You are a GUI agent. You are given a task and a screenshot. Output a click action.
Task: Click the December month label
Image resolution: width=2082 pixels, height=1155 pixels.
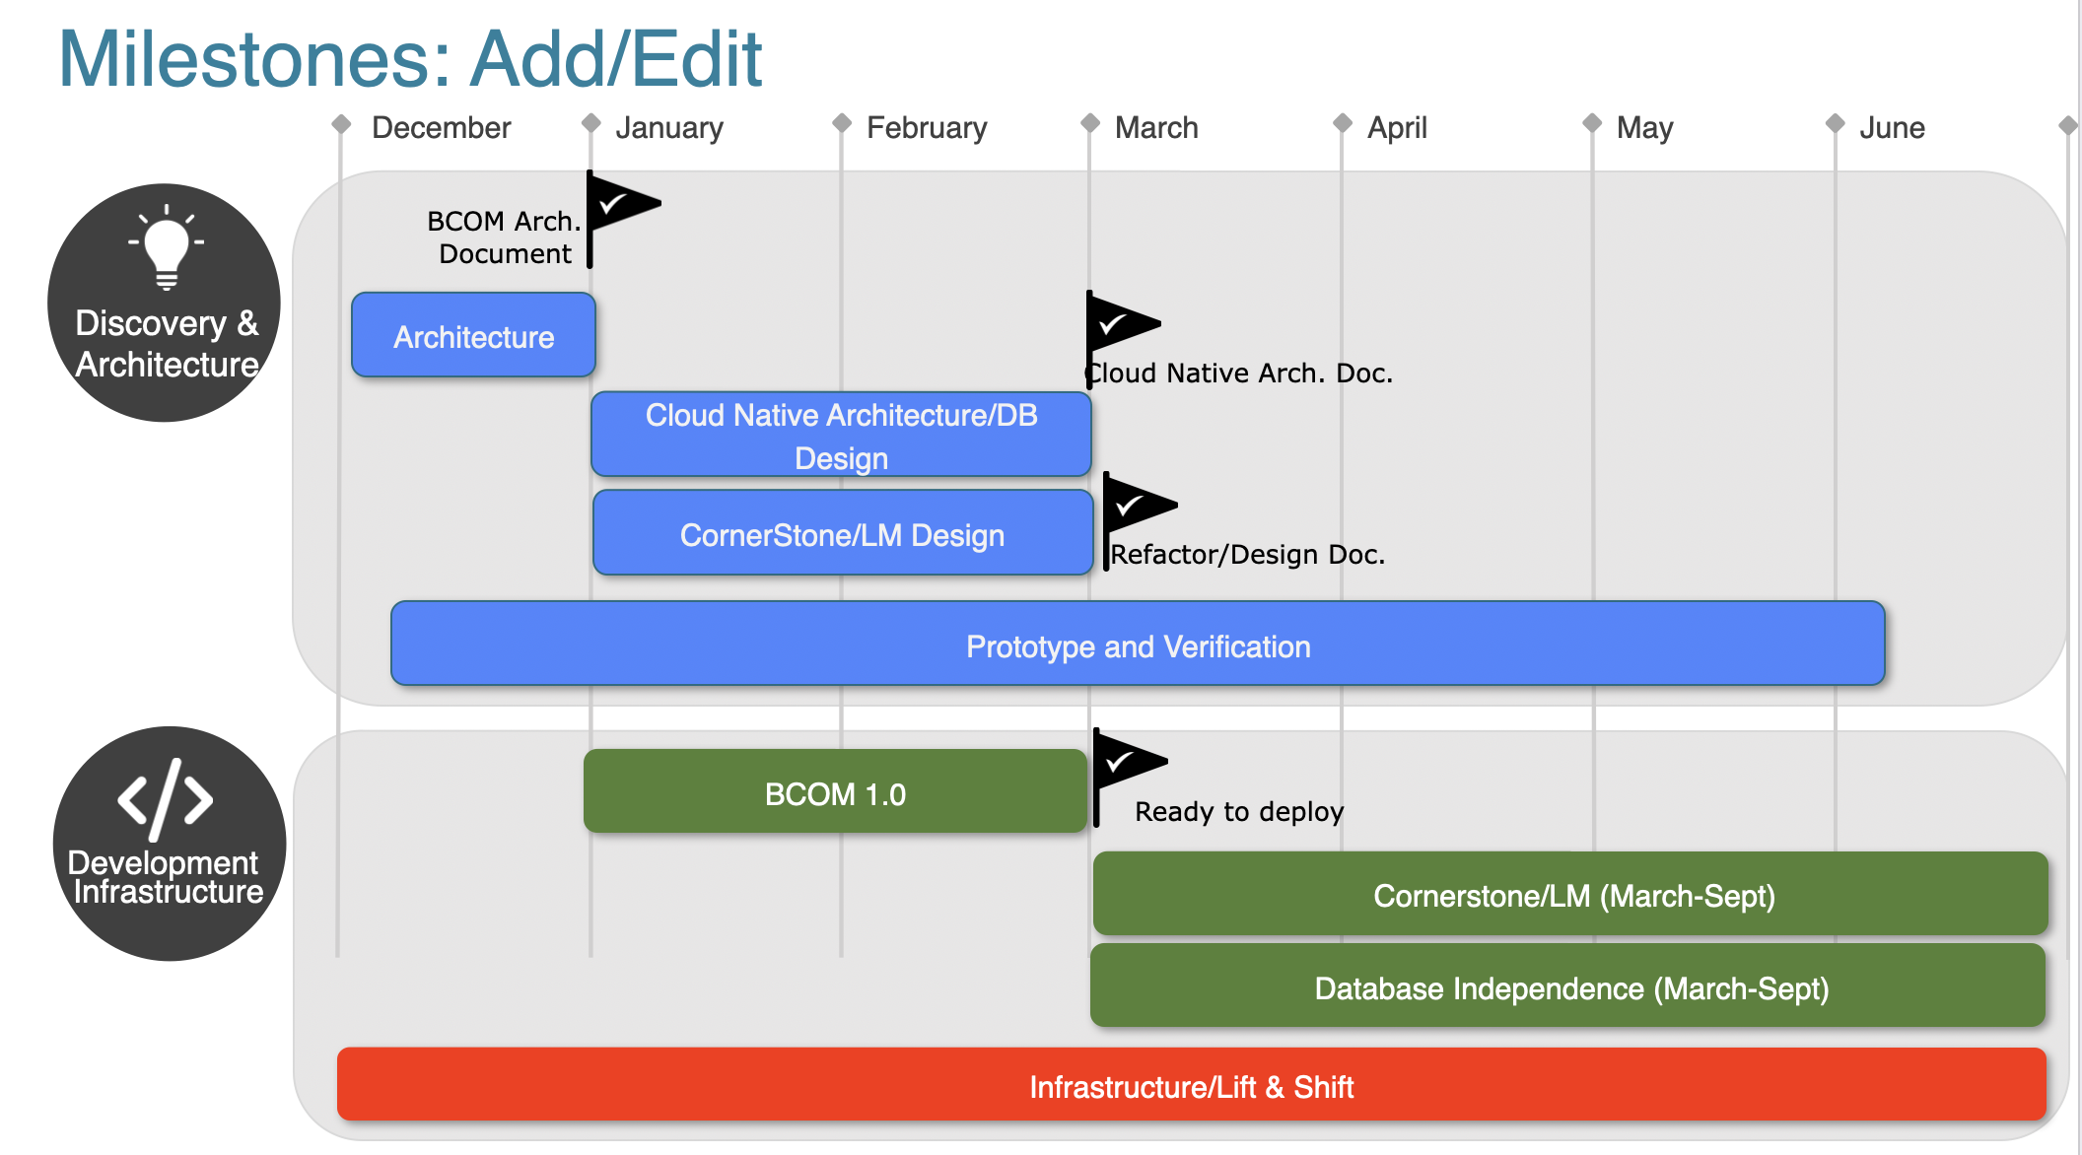(441, 128)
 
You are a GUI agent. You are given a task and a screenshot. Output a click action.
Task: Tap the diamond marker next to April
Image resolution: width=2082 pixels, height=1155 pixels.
(1342, 123)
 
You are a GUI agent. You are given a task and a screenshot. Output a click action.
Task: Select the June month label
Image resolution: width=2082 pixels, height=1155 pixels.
(1891, 128)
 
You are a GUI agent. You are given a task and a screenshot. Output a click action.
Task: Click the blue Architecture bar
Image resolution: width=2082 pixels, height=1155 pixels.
(473, 336)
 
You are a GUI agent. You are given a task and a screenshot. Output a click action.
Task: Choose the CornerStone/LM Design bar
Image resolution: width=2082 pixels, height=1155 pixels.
(842, 534)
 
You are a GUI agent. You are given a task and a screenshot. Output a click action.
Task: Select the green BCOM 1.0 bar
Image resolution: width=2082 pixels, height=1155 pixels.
(835, 793)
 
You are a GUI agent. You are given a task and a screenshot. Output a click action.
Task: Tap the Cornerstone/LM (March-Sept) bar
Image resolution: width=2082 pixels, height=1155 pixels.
(1572, 895)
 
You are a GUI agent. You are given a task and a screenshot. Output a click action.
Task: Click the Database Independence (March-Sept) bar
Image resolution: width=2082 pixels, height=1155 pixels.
(1569, 987)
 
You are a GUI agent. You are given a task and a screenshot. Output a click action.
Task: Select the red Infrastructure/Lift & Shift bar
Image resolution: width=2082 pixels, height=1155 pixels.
(1191, 1086)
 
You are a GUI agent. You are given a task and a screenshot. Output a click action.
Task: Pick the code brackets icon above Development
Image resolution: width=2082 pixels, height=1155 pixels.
(166, 799)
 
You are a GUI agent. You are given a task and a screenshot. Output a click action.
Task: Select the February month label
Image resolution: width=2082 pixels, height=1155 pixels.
(926, 128)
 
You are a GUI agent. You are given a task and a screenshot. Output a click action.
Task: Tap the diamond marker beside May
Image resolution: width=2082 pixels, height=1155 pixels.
(1591, 123)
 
